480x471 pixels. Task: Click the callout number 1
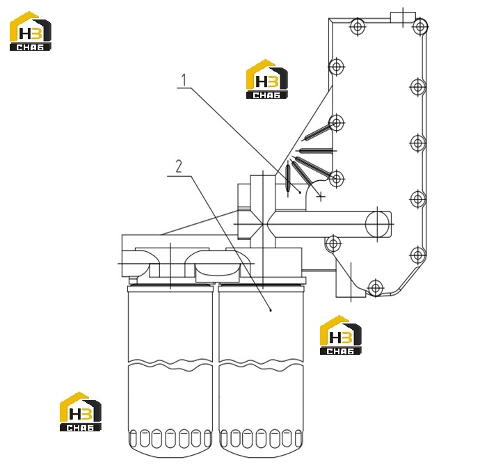[184, 80]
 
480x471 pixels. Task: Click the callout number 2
[178, 166]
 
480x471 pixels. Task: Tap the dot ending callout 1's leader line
[300, 192]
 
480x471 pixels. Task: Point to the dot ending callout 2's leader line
[271, 310]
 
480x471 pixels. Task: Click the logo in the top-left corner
[31, 31]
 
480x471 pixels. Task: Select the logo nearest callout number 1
[267, 79]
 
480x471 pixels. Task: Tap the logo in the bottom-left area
[81, 412]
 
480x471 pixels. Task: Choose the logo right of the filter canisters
[340, 335]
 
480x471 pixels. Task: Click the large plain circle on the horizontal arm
[377, 224]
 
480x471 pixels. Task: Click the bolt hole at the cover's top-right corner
[420, 26]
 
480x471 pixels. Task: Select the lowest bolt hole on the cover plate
[376, 288]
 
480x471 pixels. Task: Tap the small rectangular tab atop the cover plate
[403, 17]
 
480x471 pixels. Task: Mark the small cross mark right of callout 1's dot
[321, 197]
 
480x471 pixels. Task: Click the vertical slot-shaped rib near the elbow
[287, 178]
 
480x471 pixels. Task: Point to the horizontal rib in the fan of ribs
[316, 151]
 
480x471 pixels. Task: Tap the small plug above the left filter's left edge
[133, 280]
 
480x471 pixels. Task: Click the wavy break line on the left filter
[170, 363]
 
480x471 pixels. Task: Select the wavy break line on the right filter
[261, 363]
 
